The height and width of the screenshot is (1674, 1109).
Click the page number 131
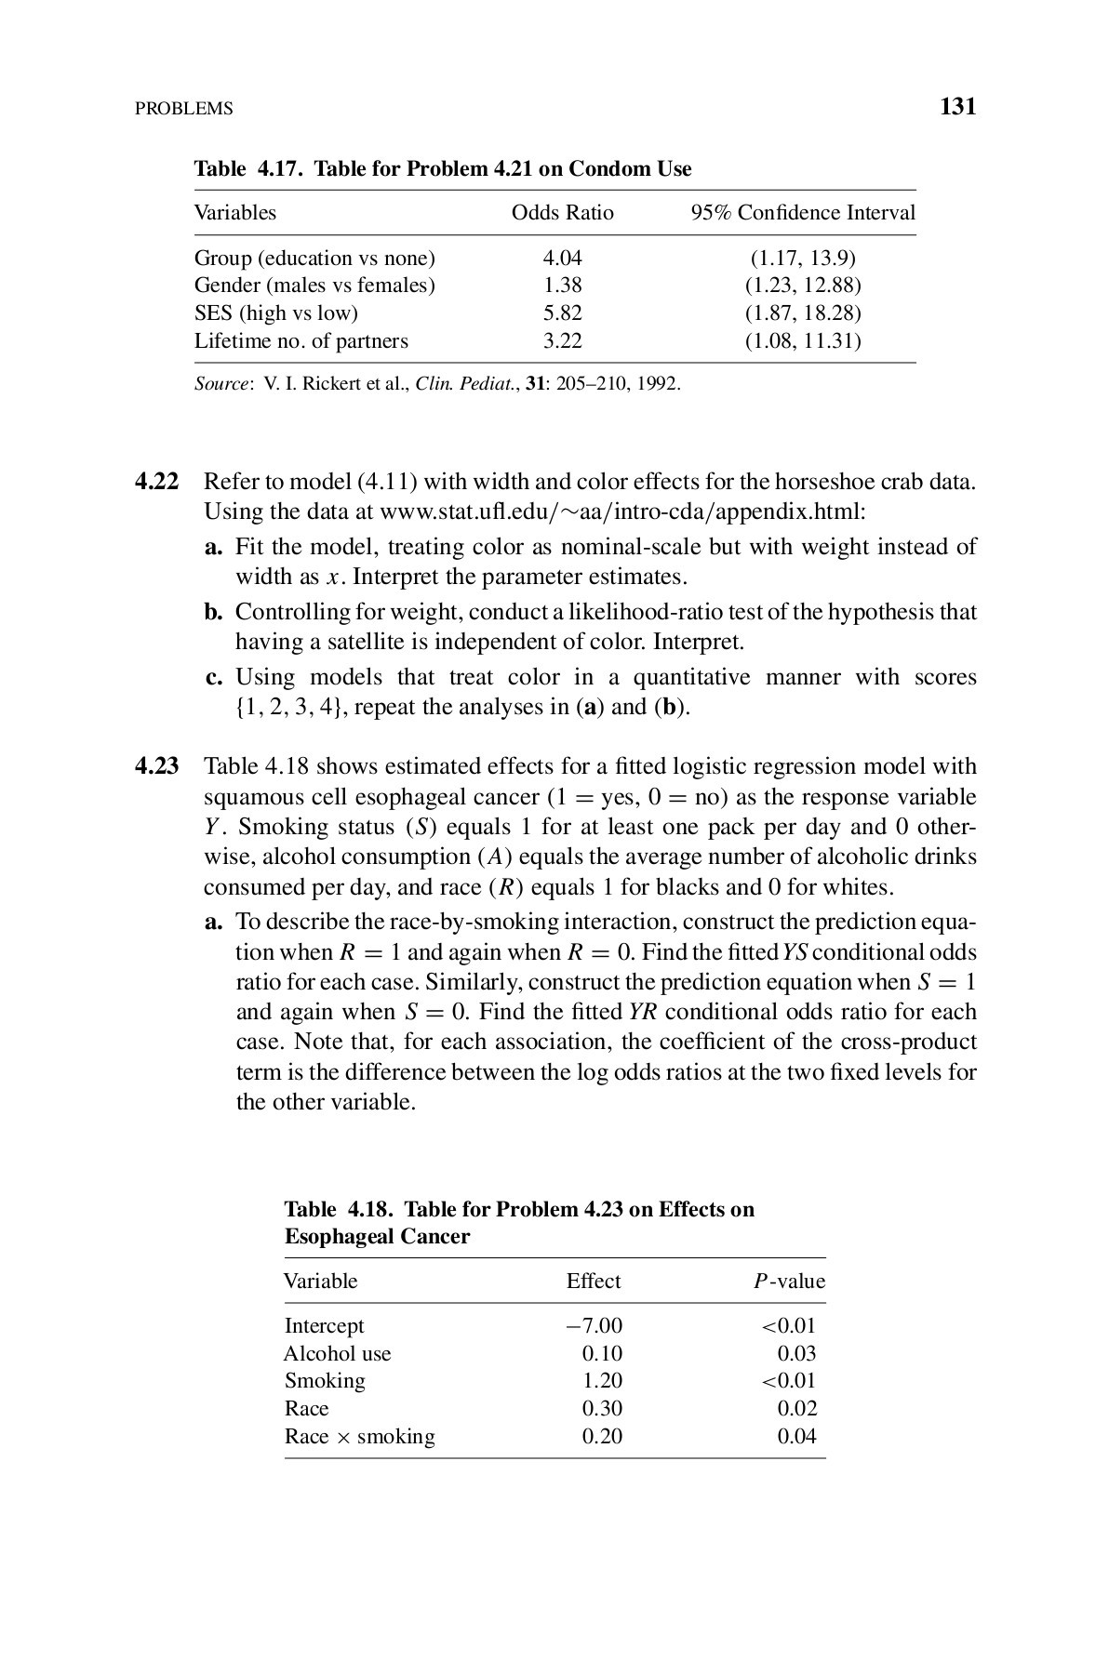pos(957,107)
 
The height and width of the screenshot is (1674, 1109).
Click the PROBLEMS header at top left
pos(183,109)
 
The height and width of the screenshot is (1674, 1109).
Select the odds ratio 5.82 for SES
pos(562,313)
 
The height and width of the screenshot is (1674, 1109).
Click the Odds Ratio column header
pos(562,213)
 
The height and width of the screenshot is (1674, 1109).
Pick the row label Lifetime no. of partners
pos(301,341)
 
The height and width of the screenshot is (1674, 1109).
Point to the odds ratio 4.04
pos(562,258)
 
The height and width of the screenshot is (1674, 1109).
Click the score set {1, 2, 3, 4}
pos(290,707)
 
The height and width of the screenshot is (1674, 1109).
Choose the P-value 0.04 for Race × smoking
pos(796,1437)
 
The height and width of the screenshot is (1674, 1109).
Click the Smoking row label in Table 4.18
pos(325,1381)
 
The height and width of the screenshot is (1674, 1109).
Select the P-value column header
pos(789,1282)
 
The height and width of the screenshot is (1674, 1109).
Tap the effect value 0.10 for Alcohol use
pos(601,1353)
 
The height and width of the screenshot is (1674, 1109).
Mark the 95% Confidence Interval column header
pos(803,213)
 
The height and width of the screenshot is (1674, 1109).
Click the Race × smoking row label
pos(359,1437)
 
